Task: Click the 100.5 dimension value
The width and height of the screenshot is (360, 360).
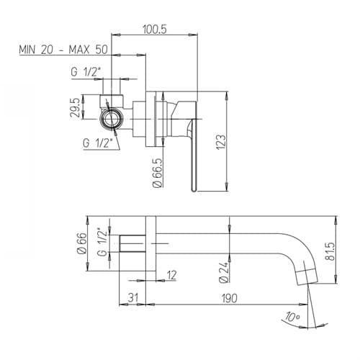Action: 154,30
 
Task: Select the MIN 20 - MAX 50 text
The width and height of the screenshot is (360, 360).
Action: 63,50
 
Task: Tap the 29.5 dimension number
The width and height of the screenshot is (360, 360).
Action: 75,107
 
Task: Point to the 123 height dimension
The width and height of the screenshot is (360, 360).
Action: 221,142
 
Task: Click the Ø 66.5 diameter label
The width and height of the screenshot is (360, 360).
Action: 158,173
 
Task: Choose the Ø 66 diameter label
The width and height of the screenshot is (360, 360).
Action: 82,243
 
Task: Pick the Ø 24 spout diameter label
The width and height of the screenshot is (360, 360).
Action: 223,272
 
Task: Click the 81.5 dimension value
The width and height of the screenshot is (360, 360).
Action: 330,251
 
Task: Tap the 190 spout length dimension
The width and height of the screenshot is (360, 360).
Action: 229,298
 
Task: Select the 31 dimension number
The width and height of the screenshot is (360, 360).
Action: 133,298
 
